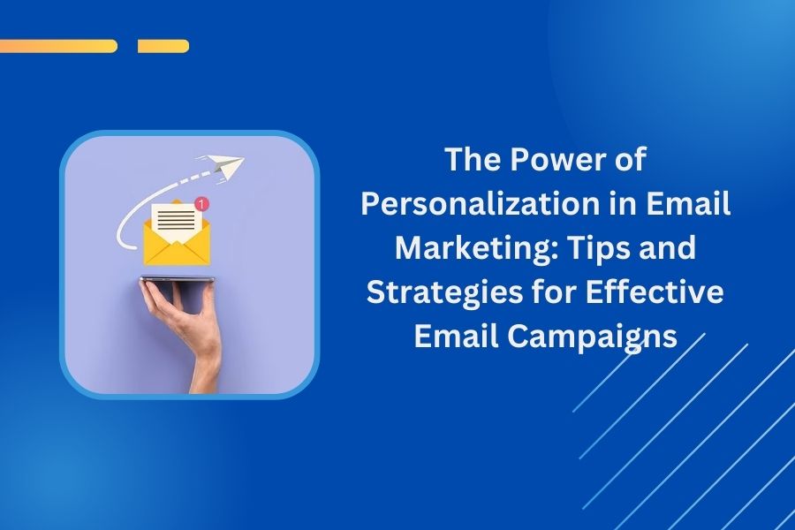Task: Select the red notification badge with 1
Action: [203, 204]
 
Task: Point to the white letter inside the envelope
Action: [172, 218]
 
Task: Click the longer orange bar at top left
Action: [58, 46]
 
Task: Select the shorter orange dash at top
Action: [163, 46]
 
